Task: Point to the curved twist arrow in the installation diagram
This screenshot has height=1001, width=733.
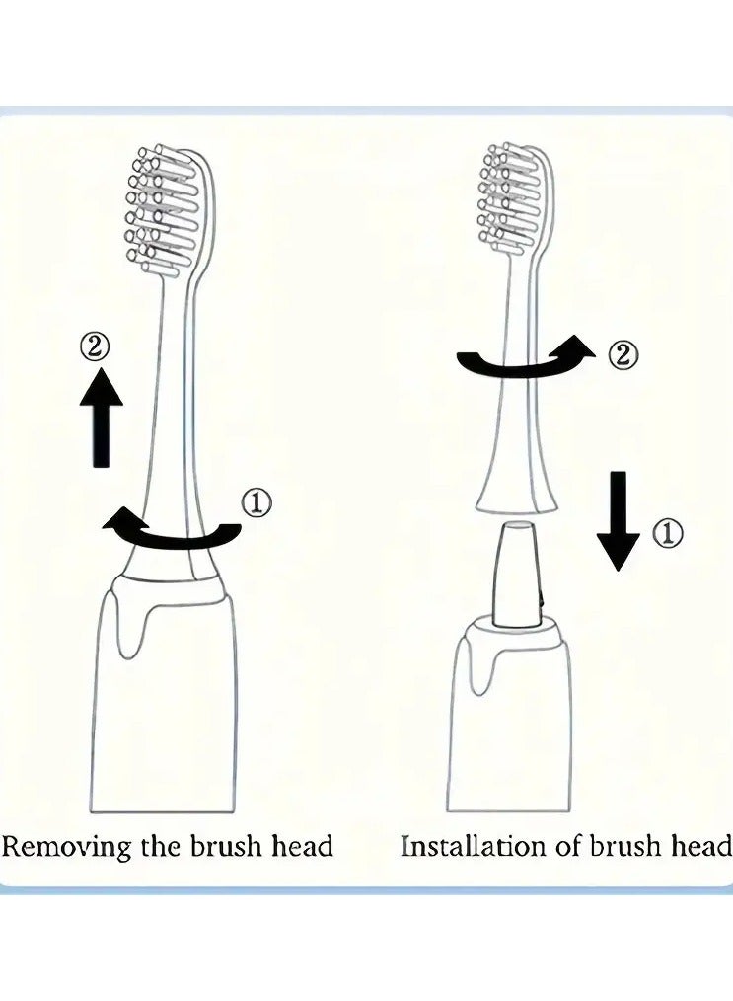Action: (523, 362)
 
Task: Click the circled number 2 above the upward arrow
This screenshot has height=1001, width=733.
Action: (96, 346)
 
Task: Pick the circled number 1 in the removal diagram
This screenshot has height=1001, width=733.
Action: (256, 503)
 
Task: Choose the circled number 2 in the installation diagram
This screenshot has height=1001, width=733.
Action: (622, 354)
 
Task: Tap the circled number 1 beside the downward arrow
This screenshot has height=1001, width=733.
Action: (667, 534)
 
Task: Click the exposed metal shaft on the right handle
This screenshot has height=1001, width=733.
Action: (518, 576)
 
